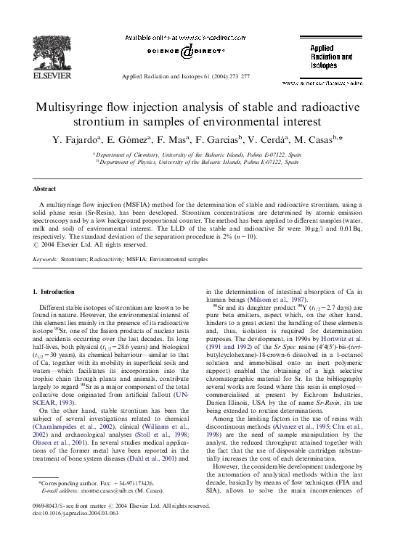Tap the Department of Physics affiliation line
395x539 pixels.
(x=197, y=163)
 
